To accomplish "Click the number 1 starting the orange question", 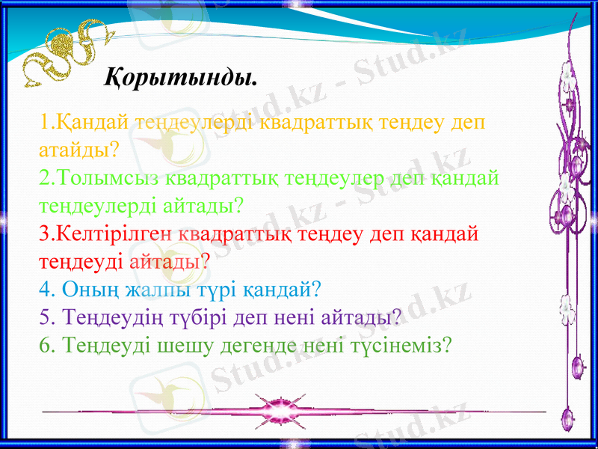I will click(x=43, y=121).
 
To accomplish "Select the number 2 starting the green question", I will click(x=43, y=177).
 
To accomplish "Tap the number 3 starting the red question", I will click(x=43, y=233).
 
